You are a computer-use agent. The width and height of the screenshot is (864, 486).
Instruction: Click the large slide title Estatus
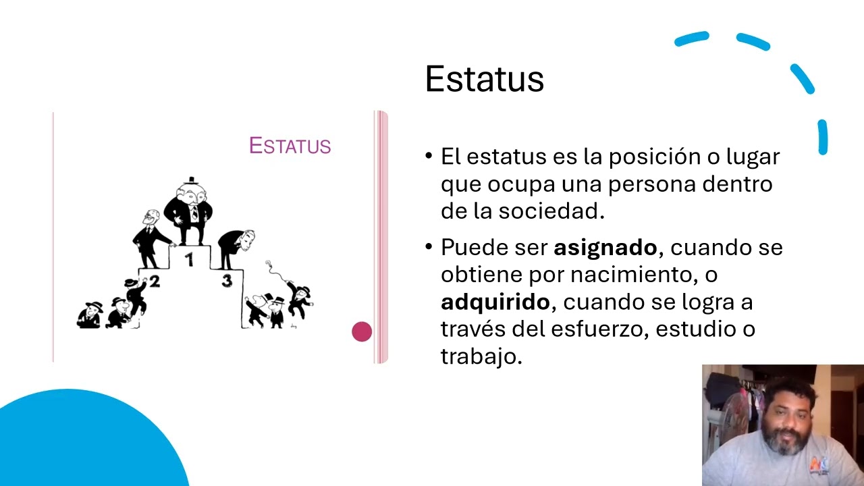tap(484, 80)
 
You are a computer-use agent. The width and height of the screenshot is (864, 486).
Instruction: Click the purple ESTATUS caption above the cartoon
tap(290, 146)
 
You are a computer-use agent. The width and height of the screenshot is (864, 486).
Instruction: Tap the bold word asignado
tap(605, 248)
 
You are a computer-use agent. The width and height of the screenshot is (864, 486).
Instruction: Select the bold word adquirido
tap(495, 302)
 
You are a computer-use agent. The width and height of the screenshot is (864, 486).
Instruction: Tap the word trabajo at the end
tap(480, 356)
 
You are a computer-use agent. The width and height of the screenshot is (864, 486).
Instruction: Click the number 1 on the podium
tap(190, 259)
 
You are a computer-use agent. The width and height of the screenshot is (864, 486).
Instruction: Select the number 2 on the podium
tap(155, 281)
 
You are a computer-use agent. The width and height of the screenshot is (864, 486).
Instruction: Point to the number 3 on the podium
tap(227, 281)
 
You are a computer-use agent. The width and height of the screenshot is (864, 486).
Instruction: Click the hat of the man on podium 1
tap(190, 180)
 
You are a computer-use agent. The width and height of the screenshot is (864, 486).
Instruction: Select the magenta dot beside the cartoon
tap(362, 331)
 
